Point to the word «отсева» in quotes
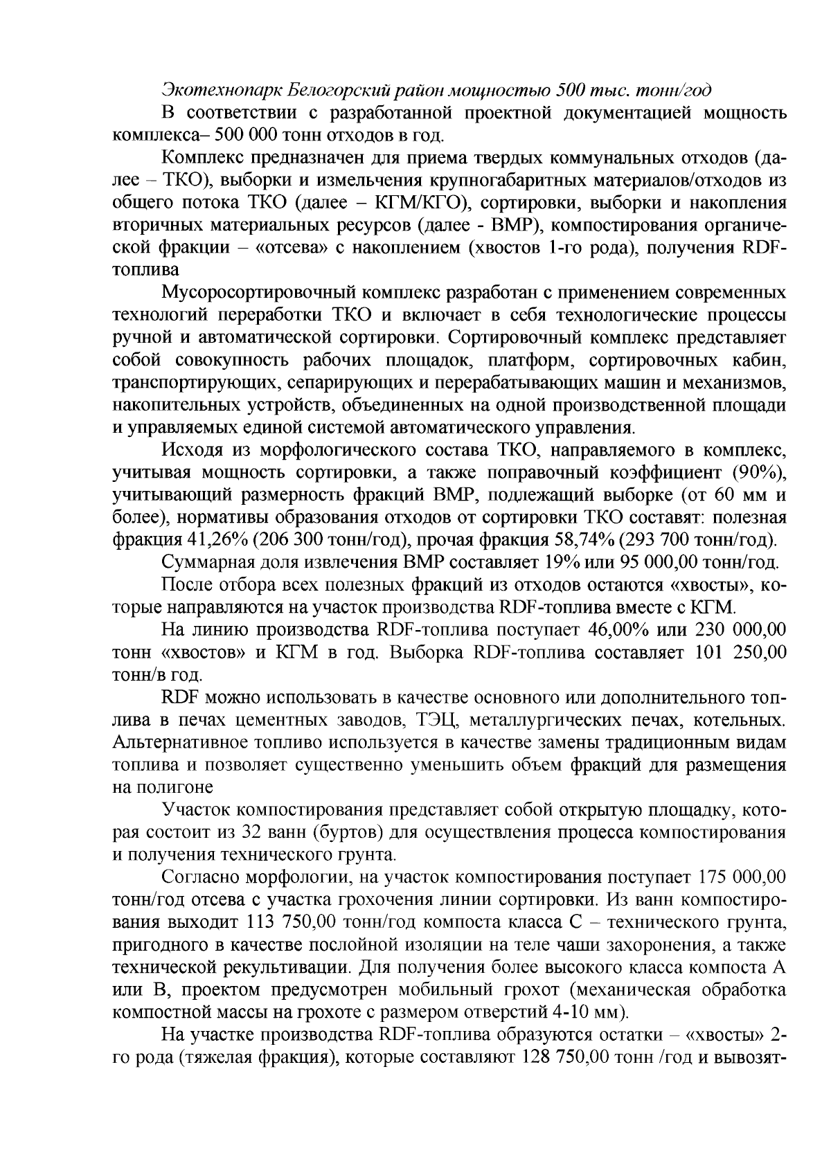coord(285,247)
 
